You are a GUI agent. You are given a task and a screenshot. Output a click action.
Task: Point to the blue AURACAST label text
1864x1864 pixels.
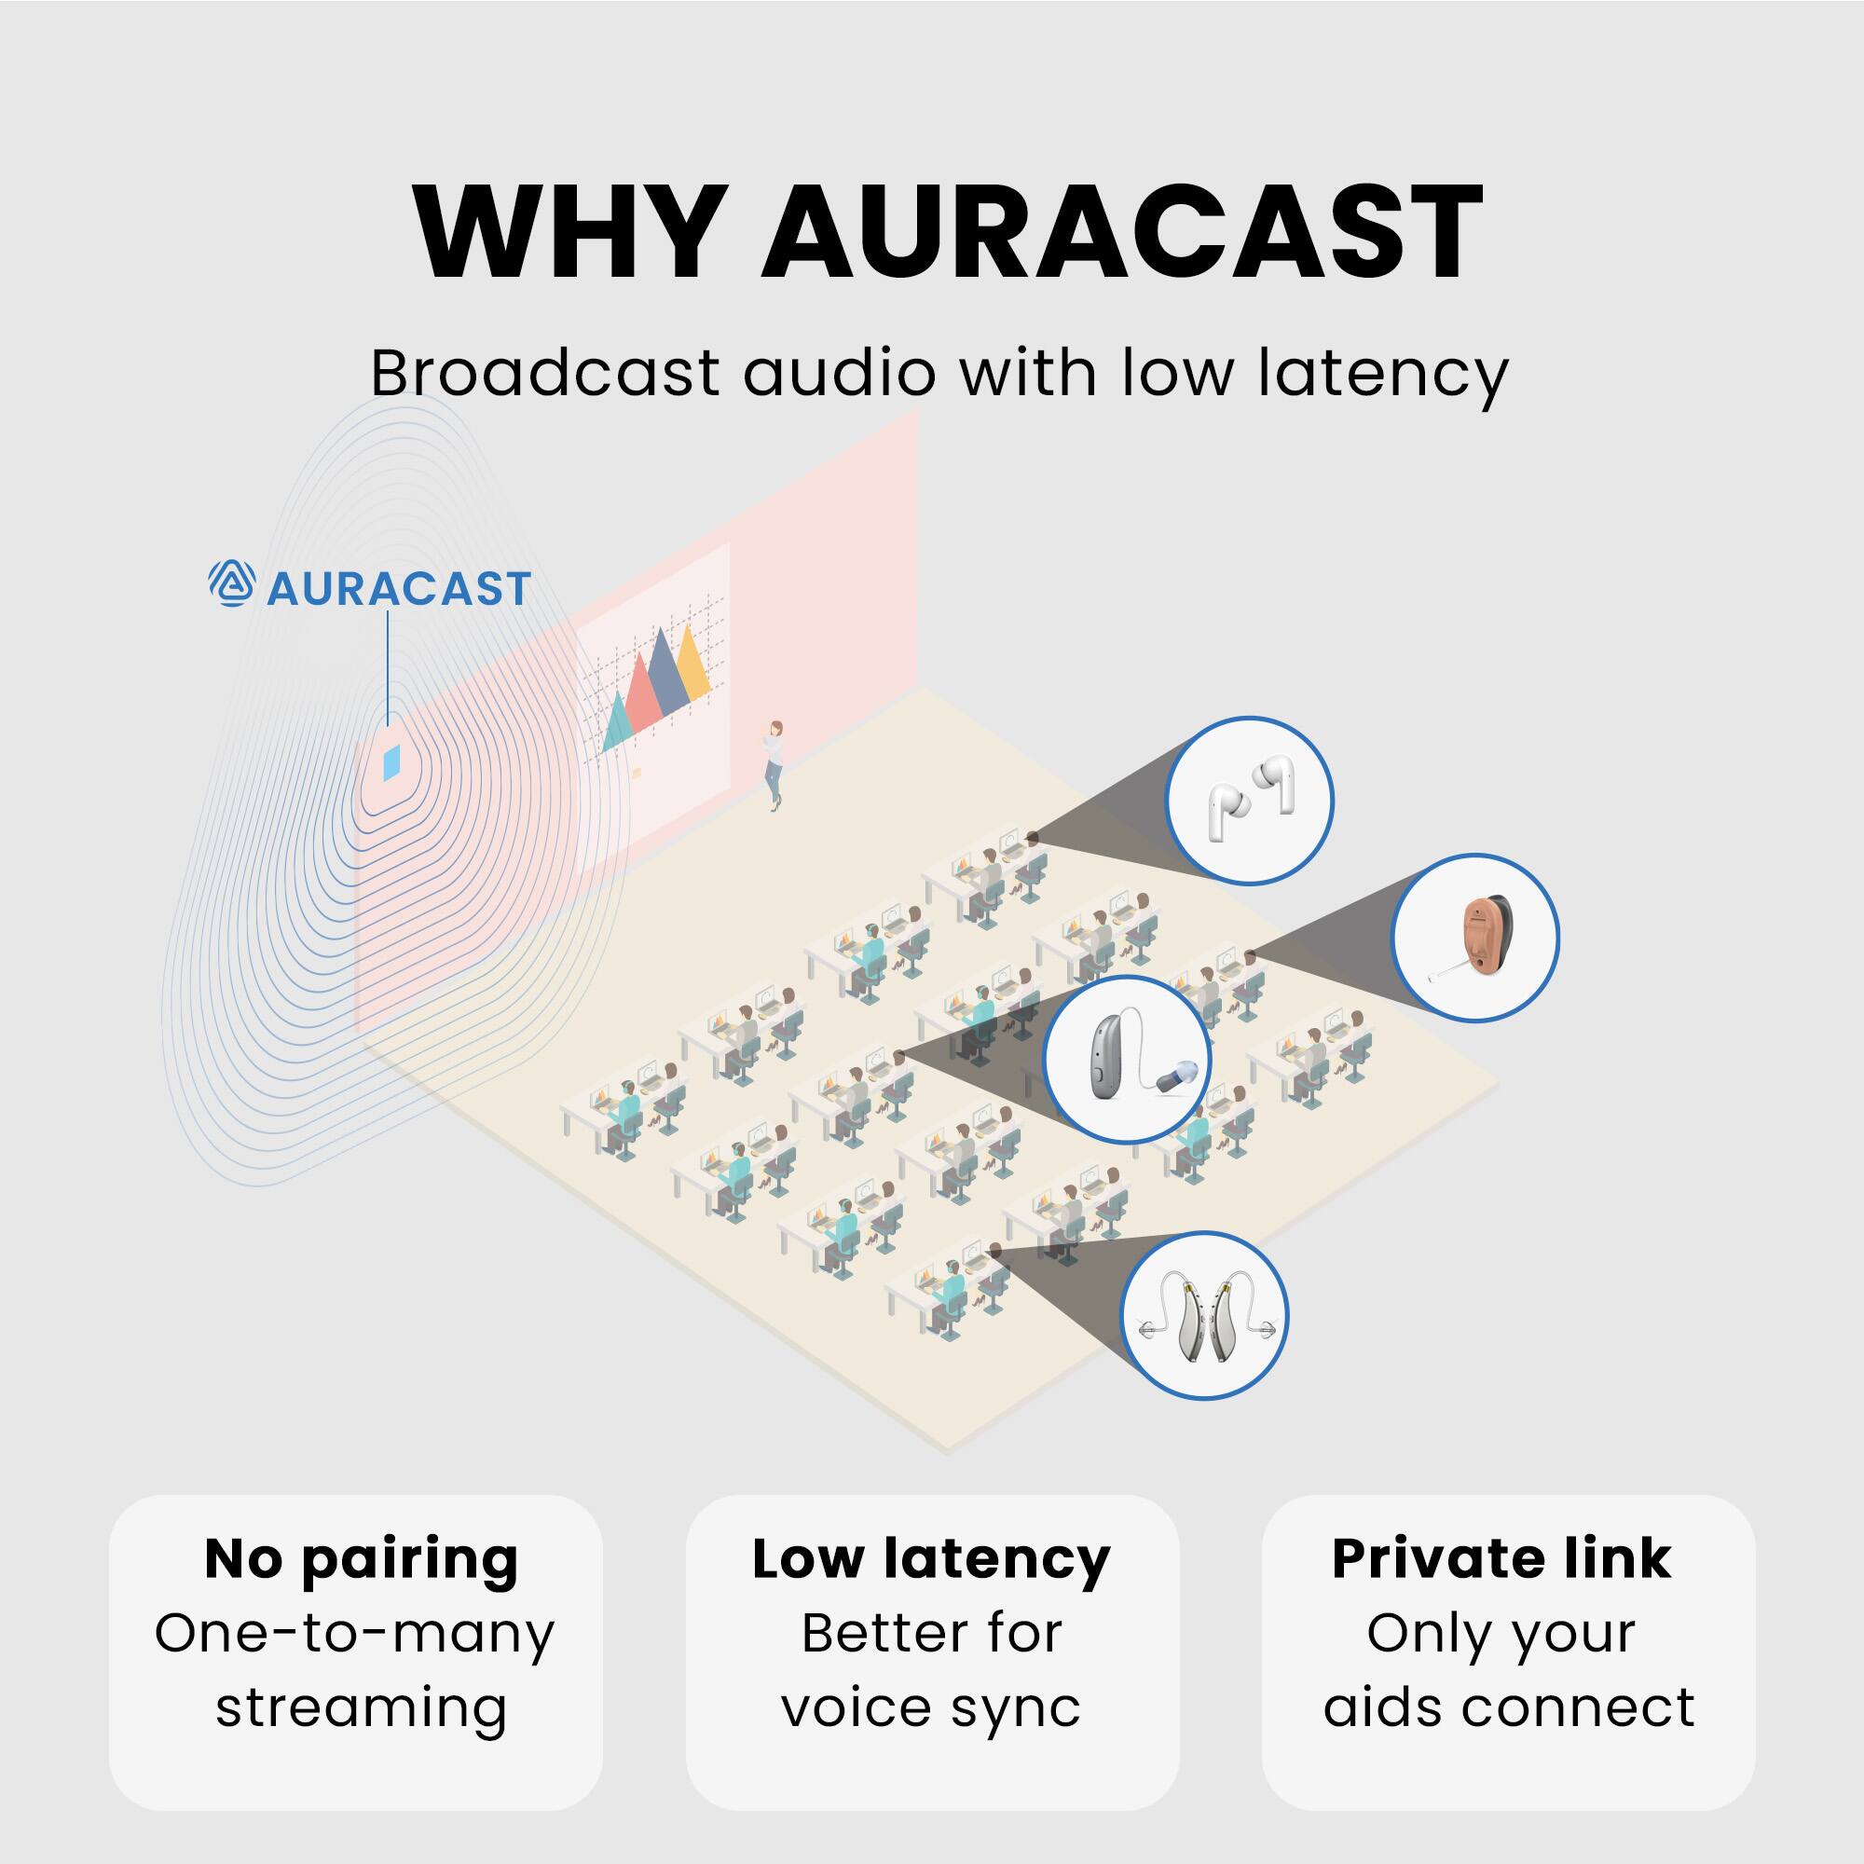tap(399, 588)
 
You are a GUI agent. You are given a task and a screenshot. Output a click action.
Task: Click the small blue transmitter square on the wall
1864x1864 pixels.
tap(391, 762)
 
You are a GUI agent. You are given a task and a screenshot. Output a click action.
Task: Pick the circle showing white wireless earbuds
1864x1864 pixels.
tap(1250, 800)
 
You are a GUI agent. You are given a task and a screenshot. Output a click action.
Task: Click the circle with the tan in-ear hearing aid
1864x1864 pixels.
tap(1475, 937)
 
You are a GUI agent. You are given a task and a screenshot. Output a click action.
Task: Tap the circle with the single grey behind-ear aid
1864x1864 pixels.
tap(1127, 1060)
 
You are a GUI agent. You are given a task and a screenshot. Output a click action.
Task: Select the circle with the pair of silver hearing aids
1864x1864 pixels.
tap(1205, 1315)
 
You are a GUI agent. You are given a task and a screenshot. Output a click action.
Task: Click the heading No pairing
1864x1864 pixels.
tap(362, 1559)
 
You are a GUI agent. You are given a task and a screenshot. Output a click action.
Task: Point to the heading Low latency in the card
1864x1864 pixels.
tap(931, 1559)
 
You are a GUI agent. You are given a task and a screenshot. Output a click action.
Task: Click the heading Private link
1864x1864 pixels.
tap(1501, 1559)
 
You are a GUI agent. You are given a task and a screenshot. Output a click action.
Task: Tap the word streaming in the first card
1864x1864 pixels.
tap(361, 1709)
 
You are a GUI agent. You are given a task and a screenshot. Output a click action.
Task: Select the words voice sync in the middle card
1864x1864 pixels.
tap(931, 1709)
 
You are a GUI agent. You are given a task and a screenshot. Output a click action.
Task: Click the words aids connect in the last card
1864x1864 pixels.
tap(1508, 1707)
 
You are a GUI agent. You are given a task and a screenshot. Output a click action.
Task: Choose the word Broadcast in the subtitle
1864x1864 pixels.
tap(545, 373)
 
